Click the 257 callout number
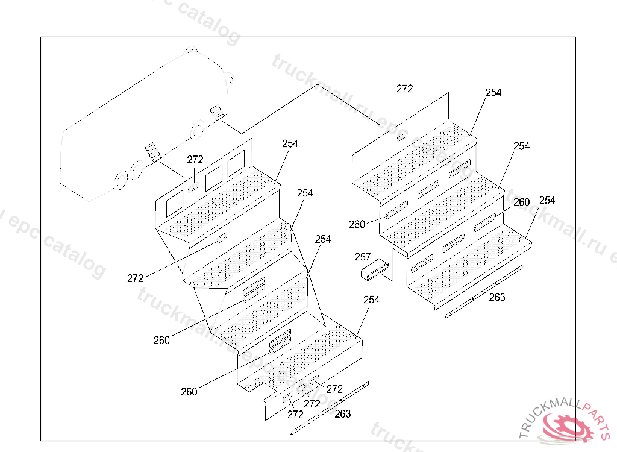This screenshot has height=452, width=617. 363,257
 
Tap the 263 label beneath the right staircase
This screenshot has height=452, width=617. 497,297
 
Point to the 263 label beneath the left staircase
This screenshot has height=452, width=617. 342,414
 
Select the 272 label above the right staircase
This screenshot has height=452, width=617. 405,89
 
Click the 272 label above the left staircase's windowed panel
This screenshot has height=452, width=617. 195,160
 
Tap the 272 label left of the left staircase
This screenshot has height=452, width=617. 136,278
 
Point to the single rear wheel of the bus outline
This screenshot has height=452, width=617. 198,129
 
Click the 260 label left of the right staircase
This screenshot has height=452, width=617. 357,224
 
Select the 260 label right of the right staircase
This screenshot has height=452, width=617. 522,202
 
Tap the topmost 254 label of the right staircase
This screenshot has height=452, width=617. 493,93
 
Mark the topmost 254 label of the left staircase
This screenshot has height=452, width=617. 290,144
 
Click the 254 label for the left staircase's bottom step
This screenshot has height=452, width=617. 372,300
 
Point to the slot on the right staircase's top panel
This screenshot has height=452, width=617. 402,135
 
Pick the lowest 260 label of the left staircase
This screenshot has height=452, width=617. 189,392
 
